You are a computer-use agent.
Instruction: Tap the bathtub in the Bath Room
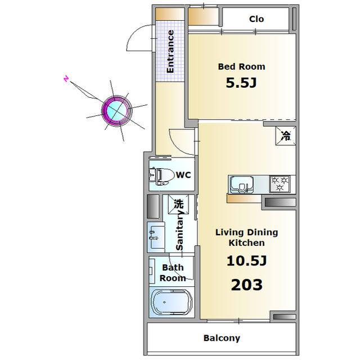coord(171,303)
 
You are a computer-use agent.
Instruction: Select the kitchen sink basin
coord(241,184)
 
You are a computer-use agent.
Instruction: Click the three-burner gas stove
coord(280,184)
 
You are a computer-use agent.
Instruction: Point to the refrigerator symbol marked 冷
coord(286,136)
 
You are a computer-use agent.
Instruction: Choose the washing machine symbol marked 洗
coord(178,204)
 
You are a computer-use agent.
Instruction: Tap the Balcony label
coord(222,338)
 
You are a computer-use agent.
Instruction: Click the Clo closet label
coord(256,19)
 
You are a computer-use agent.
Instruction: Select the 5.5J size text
coord(241,83)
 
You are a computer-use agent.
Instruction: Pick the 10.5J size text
coord(246,261)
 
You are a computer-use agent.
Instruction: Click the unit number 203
coord(246,285)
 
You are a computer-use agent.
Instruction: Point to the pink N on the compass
coord(66,79)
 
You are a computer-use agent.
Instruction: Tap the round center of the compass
coord(117,111)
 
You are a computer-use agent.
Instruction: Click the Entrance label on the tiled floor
coord(170,52)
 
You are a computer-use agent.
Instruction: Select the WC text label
coord(184,175)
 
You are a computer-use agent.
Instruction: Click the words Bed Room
coord(241,67)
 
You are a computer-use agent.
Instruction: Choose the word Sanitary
coord(179,229)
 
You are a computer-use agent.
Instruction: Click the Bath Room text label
coord(173,273)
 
